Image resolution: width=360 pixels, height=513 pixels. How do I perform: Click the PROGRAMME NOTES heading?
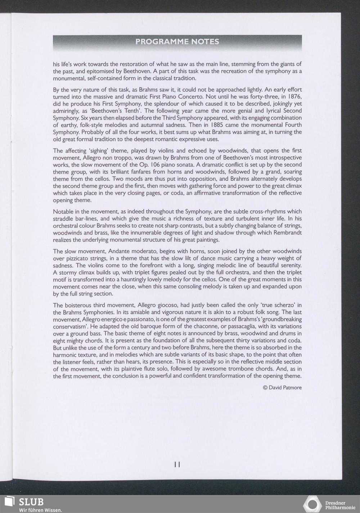177,42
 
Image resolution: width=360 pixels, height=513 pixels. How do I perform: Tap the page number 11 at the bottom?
177,464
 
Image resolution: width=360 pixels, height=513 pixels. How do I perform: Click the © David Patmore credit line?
282,387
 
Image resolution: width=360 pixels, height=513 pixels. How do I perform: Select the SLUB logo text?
31,502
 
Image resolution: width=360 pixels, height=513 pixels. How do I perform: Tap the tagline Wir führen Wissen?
40,510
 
